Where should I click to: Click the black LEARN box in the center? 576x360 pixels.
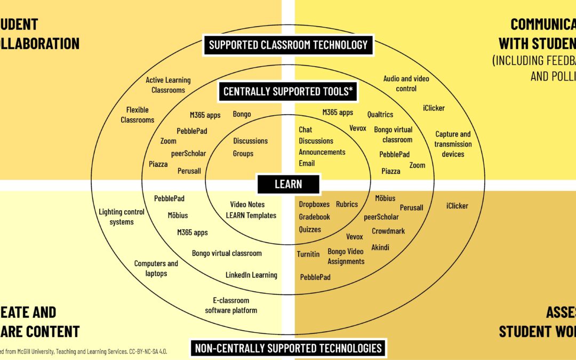289,184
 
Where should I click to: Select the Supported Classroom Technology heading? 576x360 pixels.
288,45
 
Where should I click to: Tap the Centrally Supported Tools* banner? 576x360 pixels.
288,92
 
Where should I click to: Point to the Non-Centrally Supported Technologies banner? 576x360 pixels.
288,348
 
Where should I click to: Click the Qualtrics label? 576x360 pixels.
380,114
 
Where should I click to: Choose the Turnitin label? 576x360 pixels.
308,254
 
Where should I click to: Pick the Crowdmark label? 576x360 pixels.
388,231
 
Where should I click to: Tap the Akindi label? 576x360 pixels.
380,247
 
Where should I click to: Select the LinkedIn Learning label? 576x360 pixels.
251,275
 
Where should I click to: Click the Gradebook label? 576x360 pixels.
314,217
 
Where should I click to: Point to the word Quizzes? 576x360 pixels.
310,229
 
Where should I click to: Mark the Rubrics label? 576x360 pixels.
347,204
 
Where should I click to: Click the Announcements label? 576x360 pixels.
322,152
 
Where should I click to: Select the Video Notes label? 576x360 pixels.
247,204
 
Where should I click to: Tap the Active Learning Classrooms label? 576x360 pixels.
168,85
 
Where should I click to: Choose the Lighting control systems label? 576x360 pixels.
122,217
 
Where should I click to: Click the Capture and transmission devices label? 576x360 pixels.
453,144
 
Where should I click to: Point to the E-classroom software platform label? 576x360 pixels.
231,305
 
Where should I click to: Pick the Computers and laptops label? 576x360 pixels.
156,268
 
